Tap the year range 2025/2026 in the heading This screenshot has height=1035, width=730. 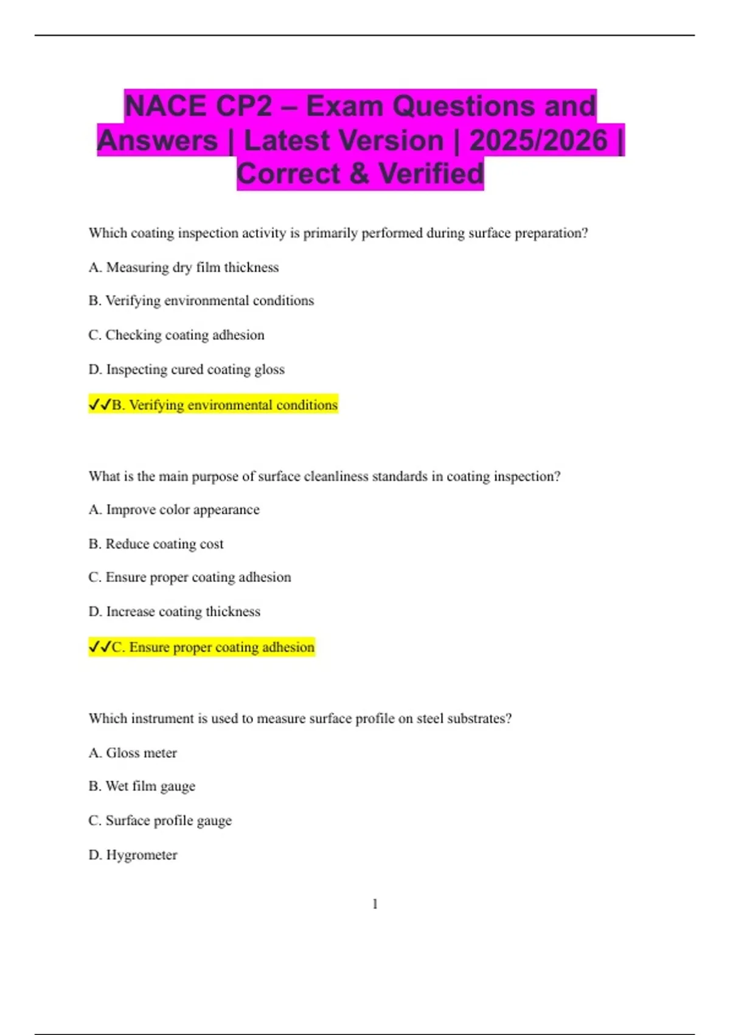[538, 141]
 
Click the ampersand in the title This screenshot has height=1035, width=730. [360, 174]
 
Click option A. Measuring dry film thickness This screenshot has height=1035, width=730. [183, 267]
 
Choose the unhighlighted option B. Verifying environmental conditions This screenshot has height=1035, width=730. [201, 301]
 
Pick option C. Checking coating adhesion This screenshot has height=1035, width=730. [176, 335]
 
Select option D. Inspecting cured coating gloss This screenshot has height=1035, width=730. [186, 370]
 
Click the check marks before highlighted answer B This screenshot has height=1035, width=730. [100, 404]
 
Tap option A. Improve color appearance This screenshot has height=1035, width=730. [173, 510]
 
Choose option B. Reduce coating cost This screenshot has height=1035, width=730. [156, 544]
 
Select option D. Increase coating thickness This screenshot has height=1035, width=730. [174, 611]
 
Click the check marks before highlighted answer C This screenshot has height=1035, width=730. [100, 647]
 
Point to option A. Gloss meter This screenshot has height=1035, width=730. [133, 753]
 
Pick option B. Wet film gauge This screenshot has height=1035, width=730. [142, 787]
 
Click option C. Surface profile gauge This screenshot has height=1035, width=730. [160, 821]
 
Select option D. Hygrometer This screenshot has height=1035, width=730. [133, 855]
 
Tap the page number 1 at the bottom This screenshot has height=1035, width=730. [375, 904]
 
